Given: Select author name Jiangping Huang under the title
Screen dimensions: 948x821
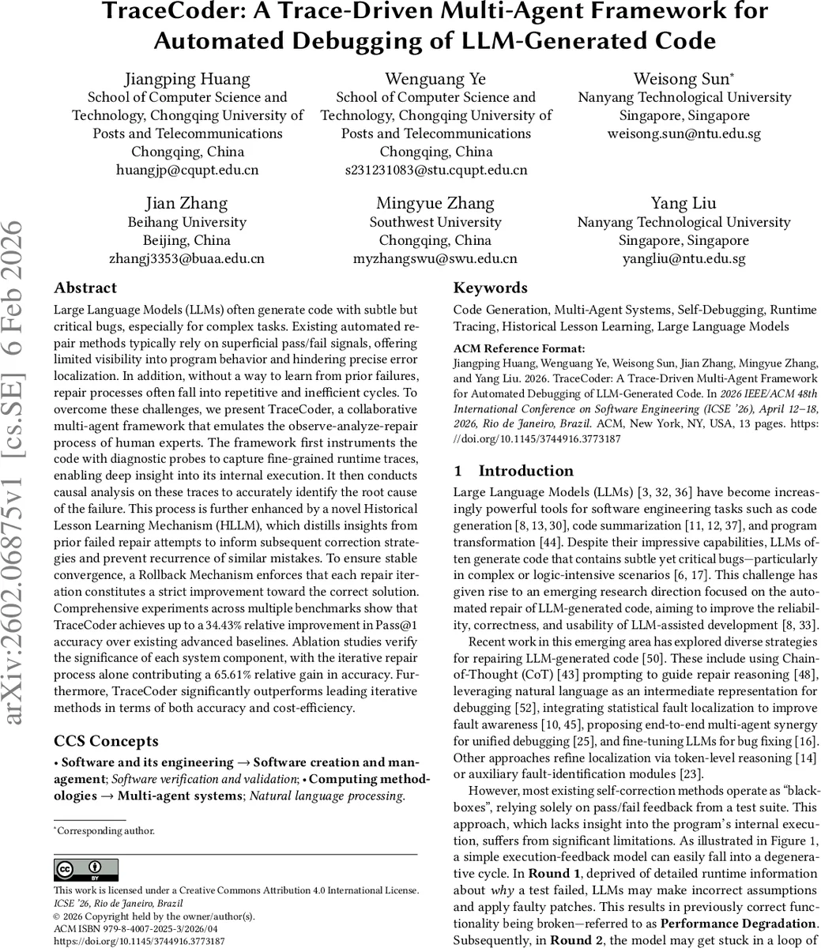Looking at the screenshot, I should tap(187, 78).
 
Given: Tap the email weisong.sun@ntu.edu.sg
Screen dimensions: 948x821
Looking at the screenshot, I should tap(684, 134).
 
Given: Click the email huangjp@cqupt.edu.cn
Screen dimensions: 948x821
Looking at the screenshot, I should tap(187, 170).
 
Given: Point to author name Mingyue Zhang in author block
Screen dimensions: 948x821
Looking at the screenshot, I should tap(435, 204).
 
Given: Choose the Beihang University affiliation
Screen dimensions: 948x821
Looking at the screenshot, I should tap(187, 222).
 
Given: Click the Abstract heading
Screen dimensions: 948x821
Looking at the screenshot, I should tap(85, 288).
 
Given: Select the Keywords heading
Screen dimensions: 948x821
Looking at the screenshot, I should tap(490, 288).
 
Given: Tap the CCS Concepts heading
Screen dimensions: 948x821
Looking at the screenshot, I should tap(106, 741).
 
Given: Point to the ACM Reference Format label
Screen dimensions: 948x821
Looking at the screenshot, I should tap(519, 348).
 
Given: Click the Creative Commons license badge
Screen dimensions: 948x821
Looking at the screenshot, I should tap(86, 870).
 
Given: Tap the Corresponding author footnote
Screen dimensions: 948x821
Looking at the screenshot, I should tap(106, 830).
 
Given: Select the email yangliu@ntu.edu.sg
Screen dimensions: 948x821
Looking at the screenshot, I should tap(684, 258).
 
